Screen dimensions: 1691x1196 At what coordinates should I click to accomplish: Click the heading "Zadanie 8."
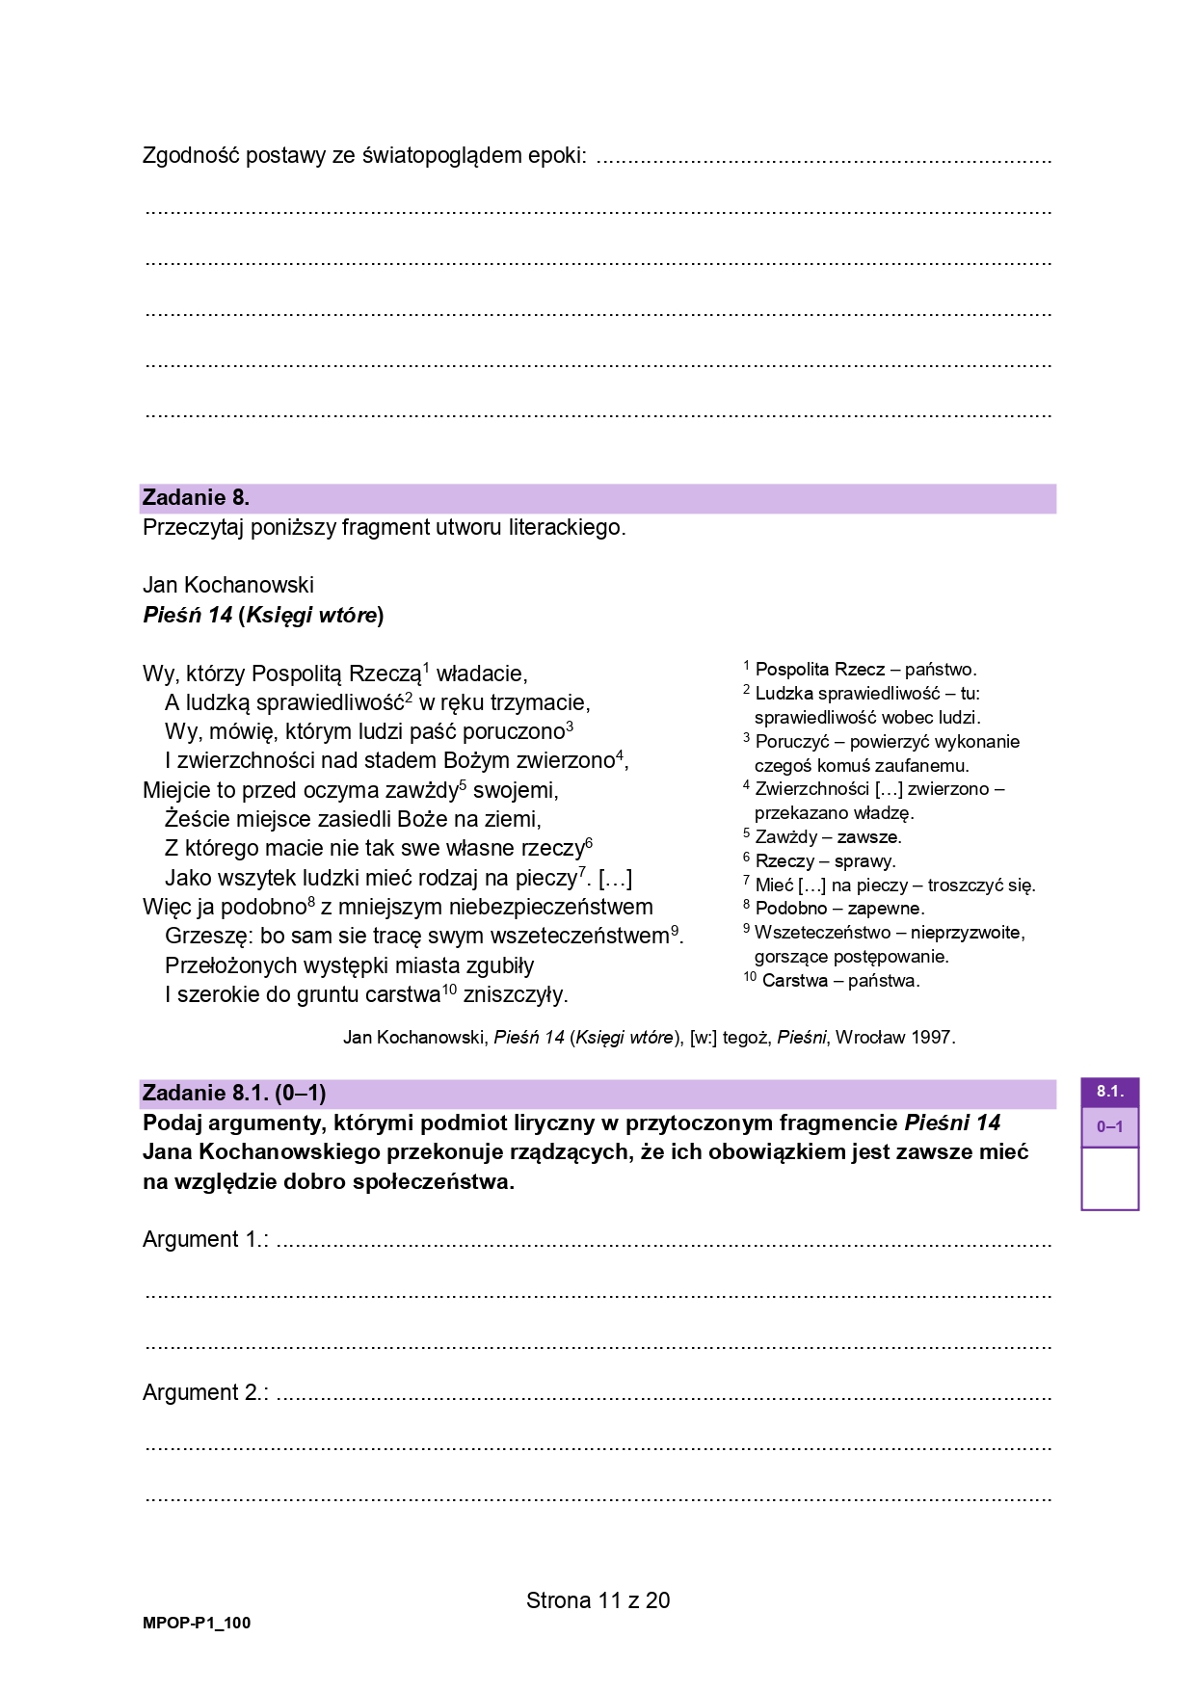tap(196, 498)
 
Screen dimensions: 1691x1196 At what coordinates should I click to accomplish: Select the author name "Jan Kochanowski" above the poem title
tap(228, 585)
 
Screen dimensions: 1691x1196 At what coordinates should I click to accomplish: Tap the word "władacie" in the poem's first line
tap(481, 674)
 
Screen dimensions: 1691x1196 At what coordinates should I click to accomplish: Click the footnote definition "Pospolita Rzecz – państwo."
tap(865, 669)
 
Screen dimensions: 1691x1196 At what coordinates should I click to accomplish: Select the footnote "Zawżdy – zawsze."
tap(828, 836)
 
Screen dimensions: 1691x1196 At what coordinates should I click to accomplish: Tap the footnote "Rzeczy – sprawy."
tap(825, 860)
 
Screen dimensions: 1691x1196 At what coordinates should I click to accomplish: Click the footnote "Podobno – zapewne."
tap(839, 908)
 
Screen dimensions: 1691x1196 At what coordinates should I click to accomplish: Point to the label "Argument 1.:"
tap(205, 1239)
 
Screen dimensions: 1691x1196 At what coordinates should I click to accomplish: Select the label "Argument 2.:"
tap(205, 1392)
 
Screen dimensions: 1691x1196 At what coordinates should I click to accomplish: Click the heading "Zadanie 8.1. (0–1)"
tap(234, 1093)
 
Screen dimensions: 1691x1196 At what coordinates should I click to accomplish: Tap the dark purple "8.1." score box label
tap(1109, 1091)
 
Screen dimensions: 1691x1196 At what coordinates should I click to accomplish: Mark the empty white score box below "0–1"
tap(1109, 1177)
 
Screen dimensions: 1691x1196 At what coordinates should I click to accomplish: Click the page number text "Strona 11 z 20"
tap(598, 1600)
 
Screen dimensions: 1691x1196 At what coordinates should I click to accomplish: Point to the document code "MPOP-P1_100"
tap(197, 1623)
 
